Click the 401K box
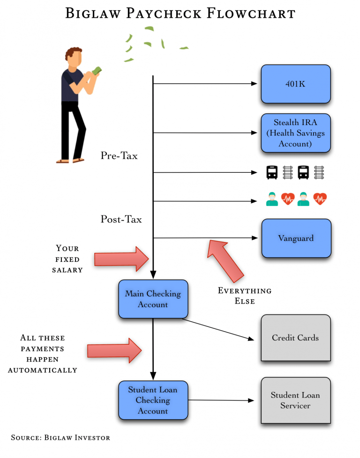tap(295, 84)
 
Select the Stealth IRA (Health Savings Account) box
tap(295, 133)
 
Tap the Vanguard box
tap(296, 238)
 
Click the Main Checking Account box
tap(153, 299)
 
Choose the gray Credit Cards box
tap(295, 338)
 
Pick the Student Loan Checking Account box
tap(153, 400)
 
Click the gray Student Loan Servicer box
tap(295, 400)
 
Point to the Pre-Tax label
tap(119, 156)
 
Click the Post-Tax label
tap(121, 219)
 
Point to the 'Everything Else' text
tap(244, 296)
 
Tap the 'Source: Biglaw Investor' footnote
tap(60, 437)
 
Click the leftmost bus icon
tap(272, 172)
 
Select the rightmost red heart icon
tap(320, 199)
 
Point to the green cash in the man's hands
tap(97, 71)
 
